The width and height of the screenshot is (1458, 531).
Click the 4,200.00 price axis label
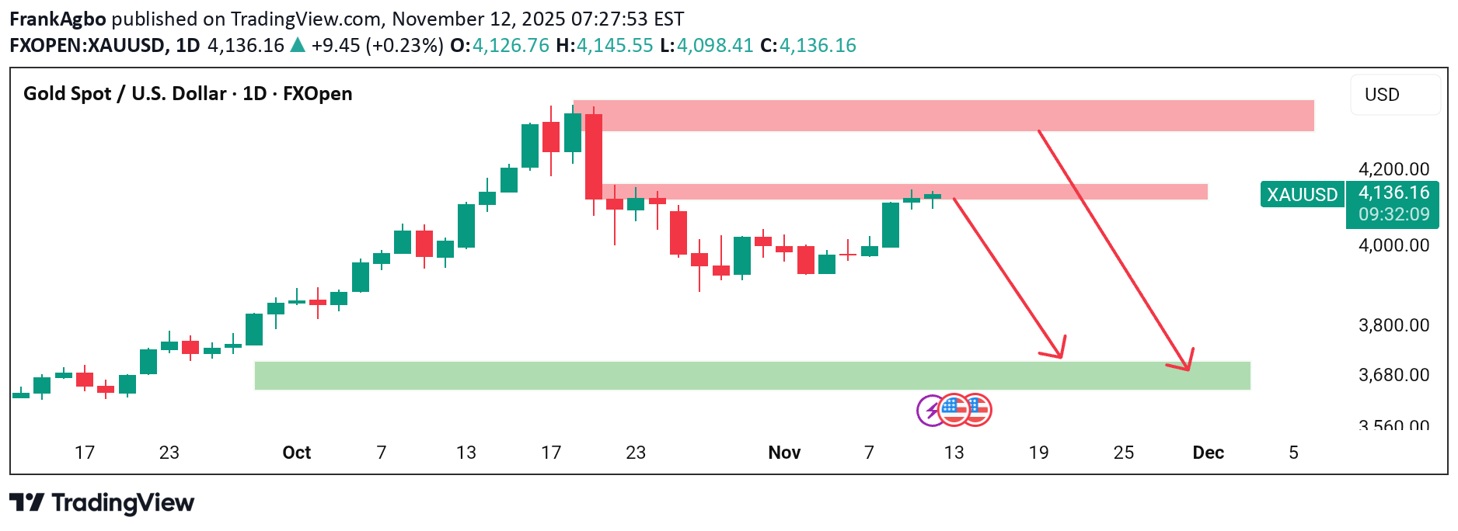tap(1393, 169)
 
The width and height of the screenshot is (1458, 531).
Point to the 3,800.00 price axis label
tap(1393, 325)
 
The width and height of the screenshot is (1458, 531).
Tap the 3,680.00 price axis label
tap(1393, 375)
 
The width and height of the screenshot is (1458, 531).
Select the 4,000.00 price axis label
tap(1393, 245)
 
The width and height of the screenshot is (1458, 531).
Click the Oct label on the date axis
tap(296, 453)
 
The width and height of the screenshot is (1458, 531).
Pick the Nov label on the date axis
tap(783, 453)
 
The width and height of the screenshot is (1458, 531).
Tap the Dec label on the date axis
tap(1208, 453)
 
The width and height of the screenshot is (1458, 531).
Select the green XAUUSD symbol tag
tap(1302, 194)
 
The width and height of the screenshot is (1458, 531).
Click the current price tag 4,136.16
tap(1393, 193)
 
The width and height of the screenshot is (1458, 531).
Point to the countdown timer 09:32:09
tap(1393, 215)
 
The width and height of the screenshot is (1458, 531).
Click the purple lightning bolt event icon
tap(930, 410)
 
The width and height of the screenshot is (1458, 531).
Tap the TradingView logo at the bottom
tap(102, 503)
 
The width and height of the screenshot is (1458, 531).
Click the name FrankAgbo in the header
tap(58, 19)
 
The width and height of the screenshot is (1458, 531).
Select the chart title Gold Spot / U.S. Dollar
tap(125, 94)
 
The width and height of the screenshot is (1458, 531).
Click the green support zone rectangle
tap(752, 376)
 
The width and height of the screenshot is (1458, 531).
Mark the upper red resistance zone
tap(943, 116)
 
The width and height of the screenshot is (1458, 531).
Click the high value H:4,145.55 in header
tap(605, 46)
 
